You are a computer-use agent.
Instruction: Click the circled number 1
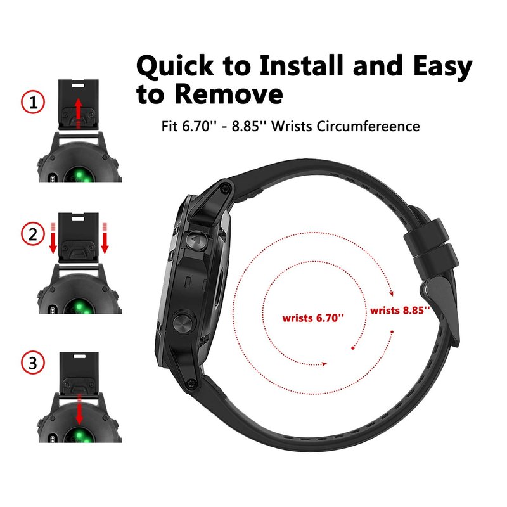click(33, 102)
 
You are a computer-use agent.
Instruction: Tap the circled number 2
click(33, 234)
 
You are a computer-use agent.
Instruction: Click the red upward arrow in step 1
click(78, 113)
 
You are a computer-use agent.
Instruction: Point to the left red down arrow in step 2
click(53, 238)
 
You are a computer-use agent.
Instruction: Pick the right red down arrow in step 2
click(105, 238)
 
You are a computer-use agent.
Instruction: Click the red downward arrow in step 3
click(79, 409)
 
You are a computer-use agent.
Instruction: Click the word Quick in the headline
click(175, 66)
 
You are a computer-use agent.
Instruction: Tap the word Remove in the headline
click(229, 94)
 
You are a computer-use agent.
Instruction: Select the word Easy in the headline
click(442, 67)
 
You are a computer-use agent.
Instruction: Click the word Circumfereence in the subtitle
click(368, 126)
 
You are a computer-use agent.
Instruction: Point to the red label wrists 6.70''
click(313, 318)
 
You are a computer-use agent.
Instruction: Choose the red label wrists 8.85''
click(400, 311)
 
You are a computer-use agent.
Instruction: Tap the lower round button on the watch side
click(184, 323)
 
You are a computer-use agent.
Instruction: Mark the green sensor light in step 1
click(79, 176)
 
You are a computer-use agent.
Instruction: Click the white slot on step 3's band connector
click(80, 356)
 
